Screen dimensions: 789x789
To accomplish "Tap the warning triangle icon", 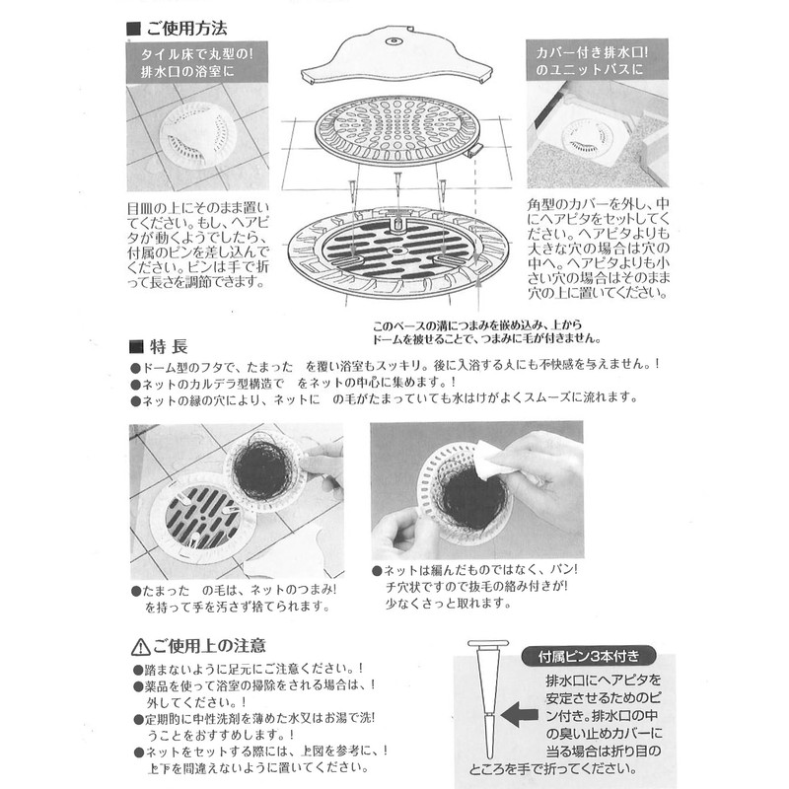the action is coord(137,648).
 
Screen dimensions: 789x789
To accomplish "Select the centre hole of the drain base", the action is coord(396,252).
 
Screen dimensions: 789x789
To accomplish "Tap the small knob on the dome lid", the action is coord(394,41).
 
